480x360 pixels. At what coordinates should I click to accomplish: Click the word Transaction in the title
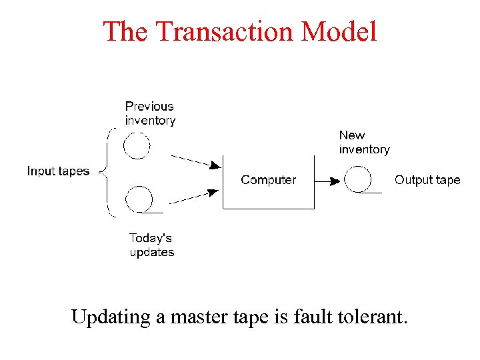[225, 31]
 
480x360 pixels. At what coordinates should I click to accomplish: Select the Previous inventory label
[150, 113]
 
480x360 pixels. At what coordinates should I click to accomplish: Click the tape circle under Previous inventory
[137, 145]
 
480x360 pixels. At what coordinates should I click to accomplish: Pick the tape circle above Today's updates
[139, 199]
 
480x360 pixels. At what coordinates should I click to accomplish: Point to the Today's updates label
[152, 245]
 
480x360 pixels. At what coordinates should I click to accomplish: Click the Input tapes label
[58, 171]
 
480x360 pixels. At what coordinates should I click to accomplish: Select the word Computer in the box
[268, 180]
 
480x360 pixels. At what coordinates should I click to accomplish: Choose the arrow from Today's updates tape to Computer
[194, 197]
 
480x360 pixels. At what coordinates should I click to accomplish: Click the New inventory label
[364, 142]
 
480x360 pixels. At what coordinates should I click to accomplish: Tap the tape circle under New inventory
[357, 179]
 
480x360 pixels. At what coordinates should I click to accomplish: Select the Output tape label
[427, 180]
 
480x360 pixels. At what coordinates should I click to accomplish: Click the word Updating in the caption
[111, 317]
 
